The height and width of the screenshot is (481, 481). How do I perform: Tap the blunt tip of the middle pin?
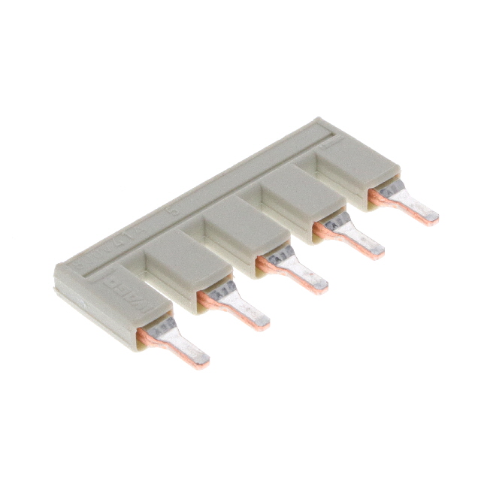pyautogui.click(x=319, y=284)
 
